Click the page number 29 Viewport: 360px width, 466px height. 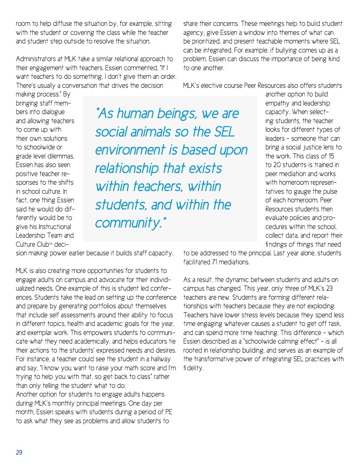pyautogui.click(x=19, y=452)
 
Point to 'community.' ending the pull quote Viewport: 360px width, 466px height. pyautogui.click(x=131, y=223)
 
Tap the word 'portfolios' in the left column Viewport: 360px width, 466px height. pyautogui.click(x=113, y=306)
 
